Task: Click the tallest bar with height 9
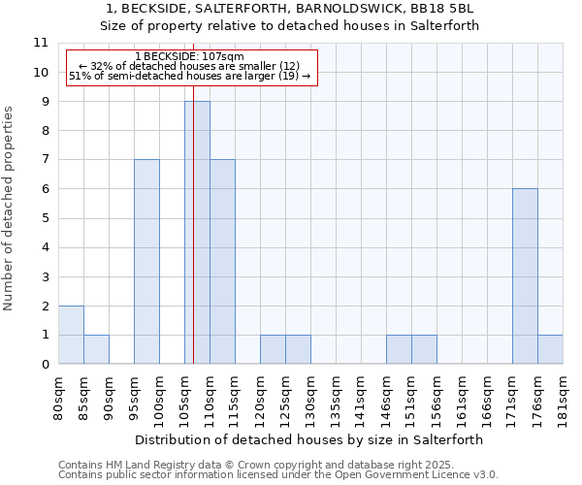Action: pos(197,233)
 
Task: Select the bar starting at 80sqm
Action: pos(71,335)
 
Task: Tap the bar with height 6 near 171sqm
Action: pos(525,276)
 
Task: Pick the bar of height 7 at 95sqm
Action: pos(146,262)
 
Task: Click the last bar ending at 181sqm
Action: pos(550,349)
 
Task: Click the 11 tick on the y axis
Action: pos(41,43)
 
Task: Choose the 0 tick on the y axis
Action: pos(45,365)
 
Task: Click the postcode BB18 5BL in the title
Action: pos(452,10)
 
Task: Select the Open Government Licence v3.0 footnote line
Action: pos(278,475)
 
